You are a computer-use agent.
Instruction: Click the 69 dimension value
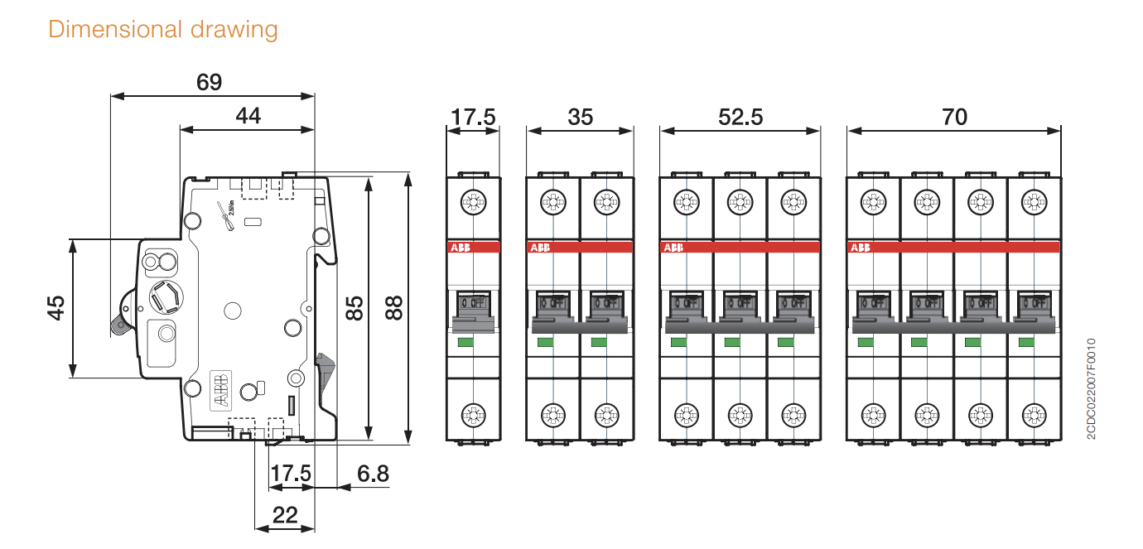(209, 82)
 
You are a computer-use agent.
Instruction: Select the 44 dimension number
(248, 116)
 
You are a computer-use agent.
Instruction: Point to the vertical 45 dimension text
(55, 308)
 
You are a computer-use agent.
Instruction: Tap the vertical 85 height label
(354, 308)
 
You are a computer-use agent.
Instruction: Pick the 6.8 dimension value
(373, 474)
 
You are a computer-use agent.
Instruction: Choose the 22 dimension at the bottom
(284, 515)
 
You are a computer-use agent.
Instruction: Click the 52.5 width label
(740, 117)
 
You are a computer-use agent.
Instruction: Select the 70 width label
(954, 117)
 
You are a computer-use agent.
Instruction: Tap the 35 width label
(580, 117)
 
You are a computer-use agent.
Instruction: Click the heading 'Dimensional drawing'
(163, 30)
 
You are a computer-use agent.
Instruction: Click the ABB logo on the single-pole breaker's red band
(459, 248)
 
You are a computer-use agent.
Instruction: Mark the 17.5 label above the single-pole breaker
(473, 117)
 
